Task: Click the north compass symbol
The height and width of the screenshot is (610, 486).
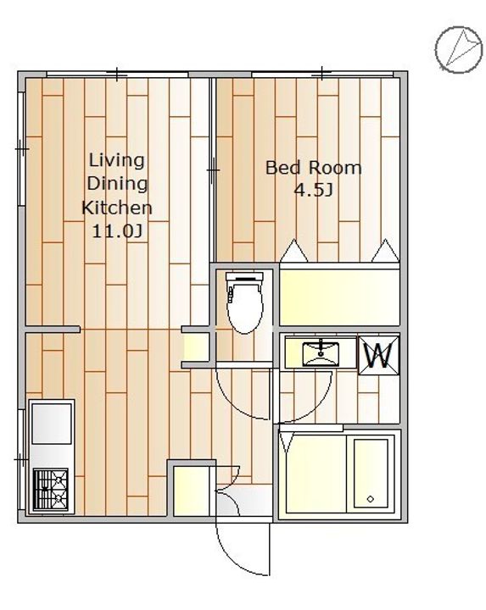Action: tap(458, 49)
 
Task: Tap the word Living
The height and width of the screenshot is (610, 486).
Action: tap(116, 161)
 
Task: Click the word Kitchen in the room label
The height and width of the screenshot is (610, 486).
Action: tap(116, 208)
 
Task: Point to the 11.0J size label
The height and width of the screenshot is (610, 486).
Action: tap(116, 231)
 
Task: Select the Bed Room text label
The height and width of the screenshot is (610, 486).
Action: tap(314, 168)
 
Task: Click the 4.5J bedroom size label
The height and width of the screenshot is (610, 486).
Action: tap(314, 191)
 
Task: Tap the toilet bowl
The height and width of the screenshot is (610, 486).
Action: tap(245, 308)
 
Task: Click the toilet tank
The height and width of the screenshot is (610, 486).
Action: tap(244, 277)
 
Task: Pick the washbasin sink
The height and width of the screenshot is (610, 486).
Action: tap(321, 353)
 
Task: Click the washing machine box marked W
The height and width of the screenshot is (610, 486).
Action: tap(379, 356)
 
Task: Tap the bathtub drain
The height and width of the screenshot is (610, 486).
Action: tap(371, 499)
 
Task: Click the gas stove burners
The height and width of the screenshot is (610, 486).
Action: tap(51, 489)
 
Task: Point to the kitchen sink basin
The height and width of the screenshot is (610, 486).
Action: tap(52, 424)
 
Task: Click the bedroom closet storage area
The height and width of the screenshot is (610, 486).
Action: tap(339, 297)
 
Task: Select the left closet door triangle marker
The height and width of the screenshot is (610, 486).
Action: tap(294, 251)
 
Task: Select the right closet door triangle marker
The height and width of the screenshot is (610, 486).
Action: tap(386, 251)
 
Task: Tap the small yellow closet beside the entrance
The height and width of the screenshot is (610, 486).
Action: tap(191, 491)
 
